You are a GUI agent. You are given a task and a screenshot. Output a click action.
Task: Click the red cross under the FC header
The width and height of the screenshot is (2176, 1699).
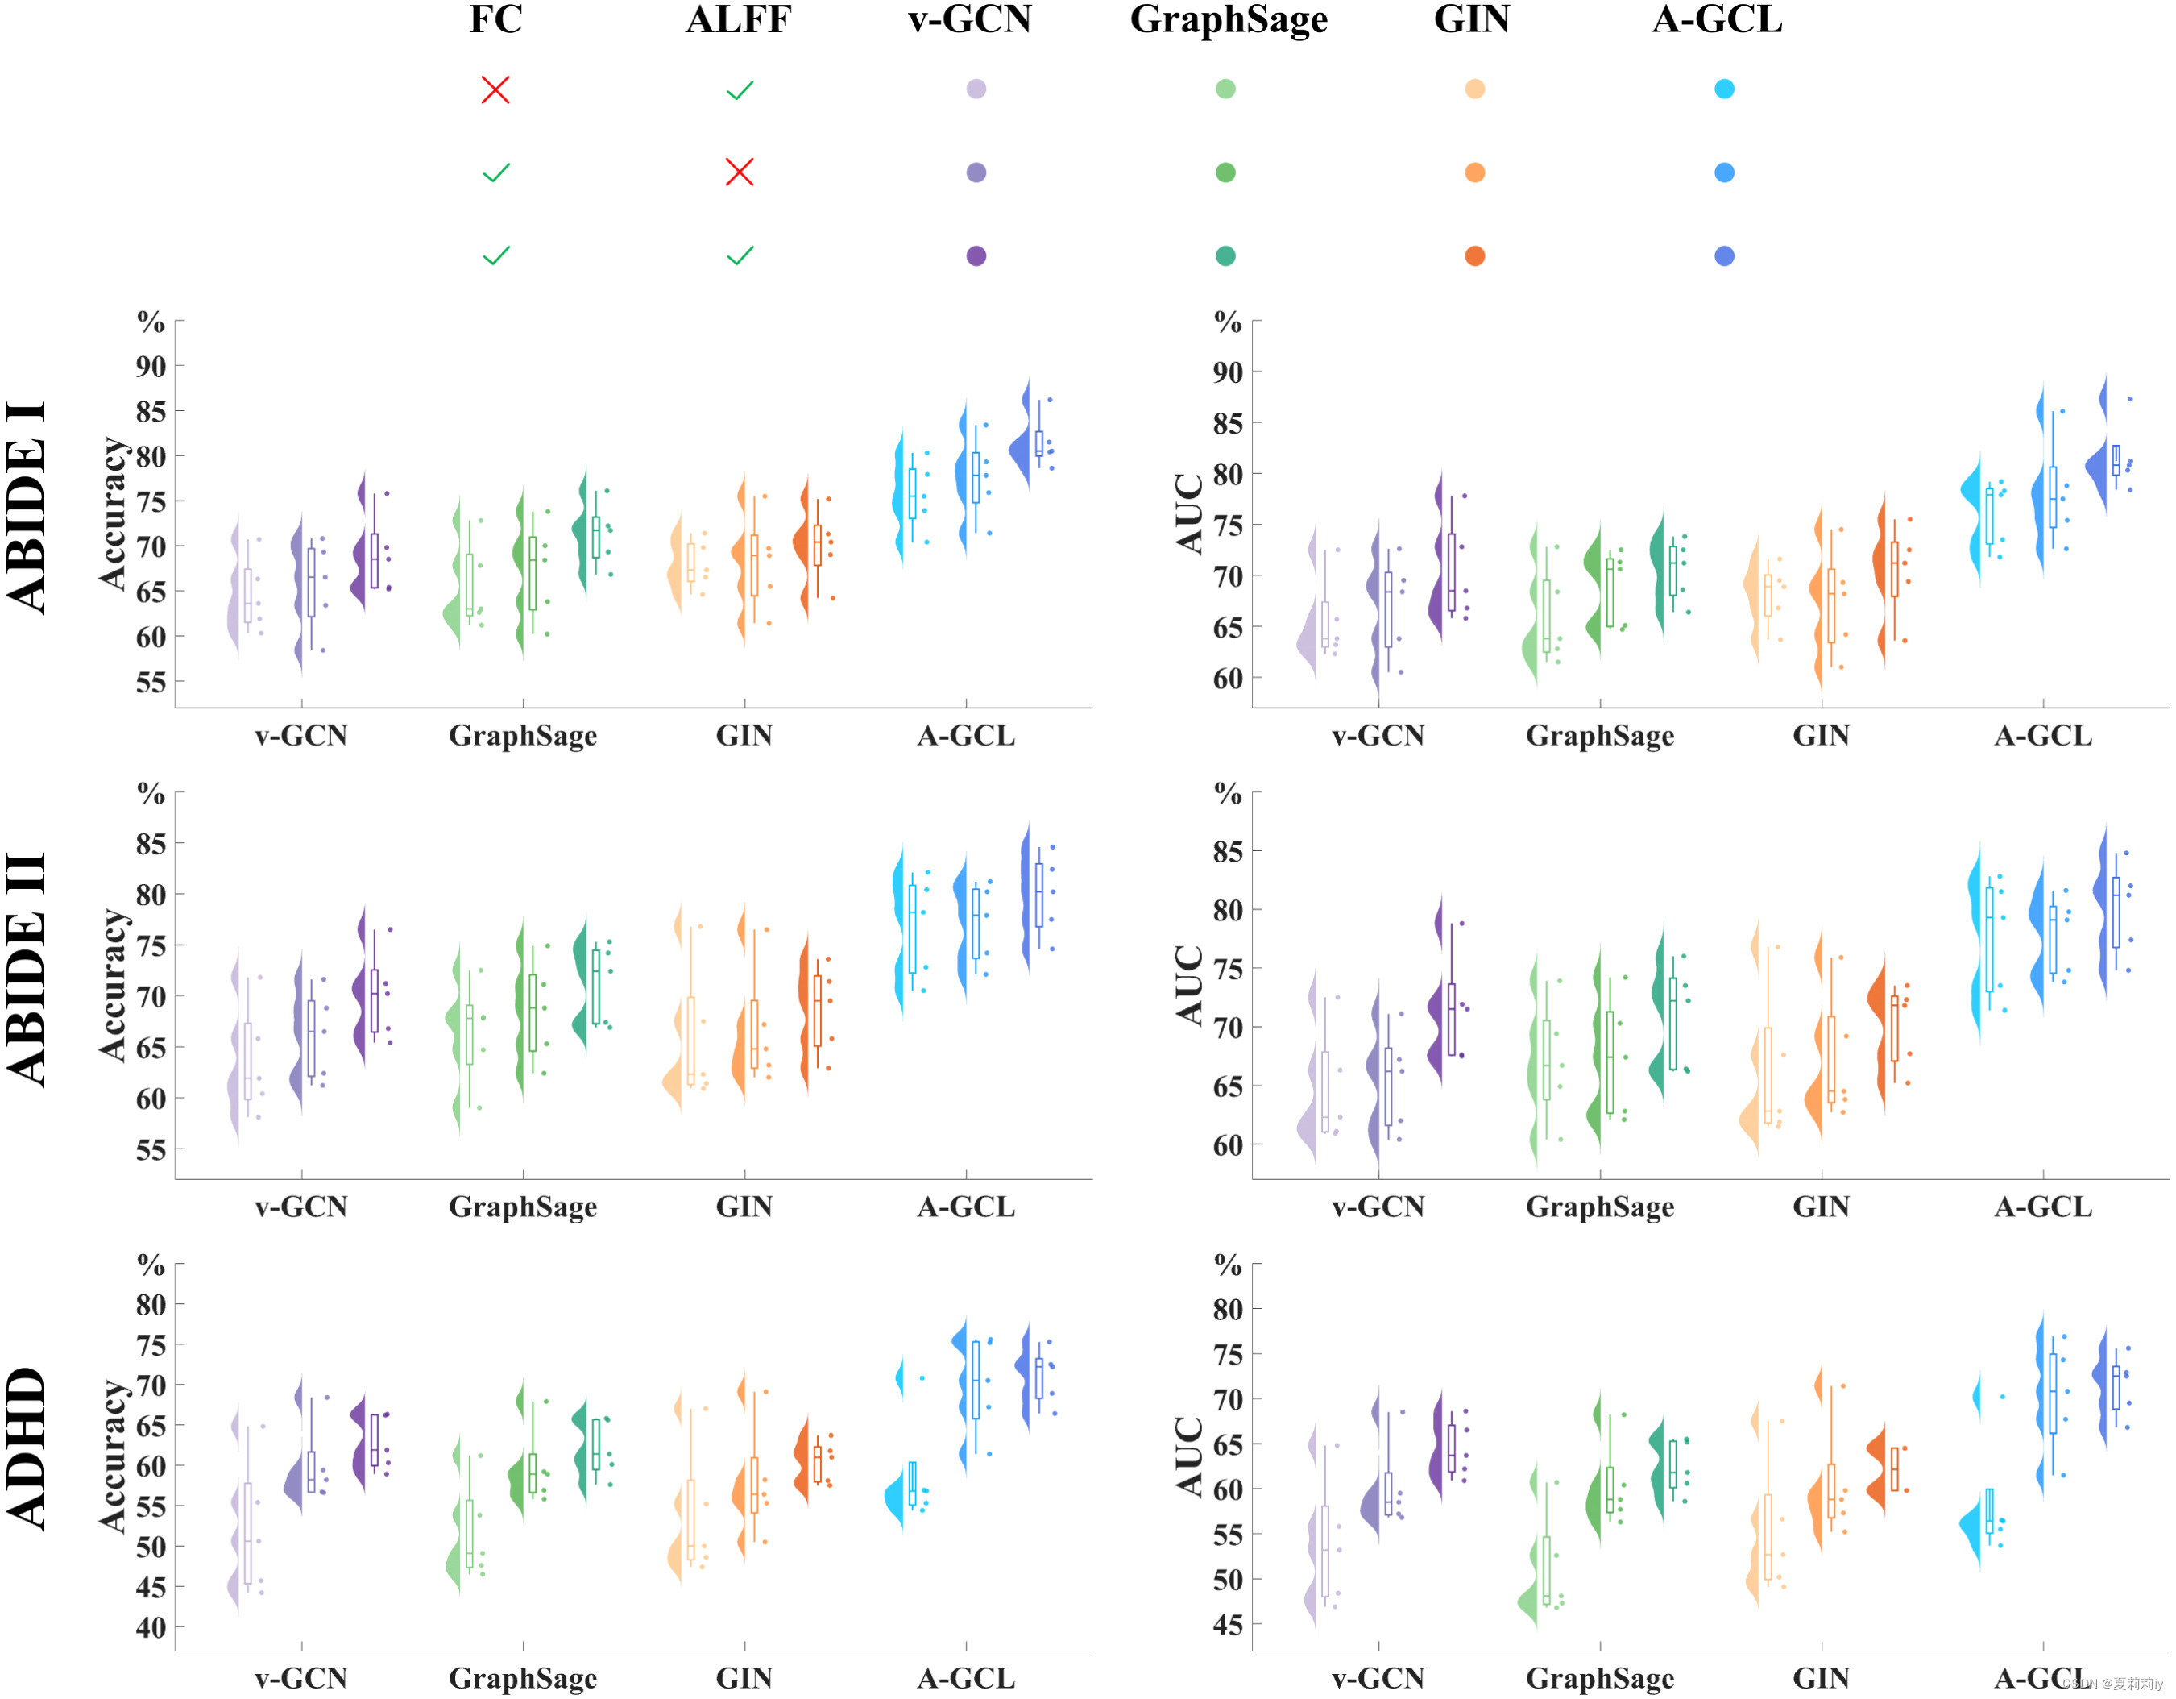click(495, 89)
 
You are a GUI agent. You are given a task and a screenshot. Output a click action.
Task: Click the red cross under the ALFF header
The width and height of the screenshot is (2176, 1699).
click(740, 172)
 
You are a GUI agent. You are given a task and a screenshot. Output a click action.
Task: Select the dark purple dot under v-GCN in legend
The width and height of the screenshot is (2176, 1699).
click(976, 256)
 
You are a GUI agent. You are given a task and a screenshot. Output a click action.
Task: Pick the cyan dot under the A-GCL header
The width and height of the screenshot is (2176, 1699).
click(1725, 89)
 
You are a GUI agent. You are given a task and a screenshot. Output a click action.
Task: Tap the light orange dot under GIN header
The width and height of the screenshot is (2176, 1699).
click(1476, 89)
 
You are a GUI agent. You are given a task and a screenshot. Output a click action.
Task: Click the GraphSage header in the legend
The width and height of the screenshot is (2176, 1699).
click(1229, 20)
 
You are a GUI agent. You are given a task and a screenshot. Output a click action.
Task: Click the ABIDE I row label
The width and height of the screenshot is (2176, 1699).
click(27, 509)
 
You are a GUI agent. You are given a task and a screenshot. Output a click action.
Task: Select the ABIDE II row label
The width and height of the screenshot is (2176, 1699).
click(27, 969)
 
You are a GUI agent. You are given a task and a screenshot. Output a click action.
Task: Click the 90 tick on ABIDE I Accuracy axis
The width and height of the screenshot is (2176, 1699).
click(151, 367)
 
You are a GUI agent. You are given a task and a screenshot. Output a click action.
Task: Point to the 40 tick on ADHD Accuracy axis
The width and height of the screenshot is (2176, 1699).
click(151, 1627)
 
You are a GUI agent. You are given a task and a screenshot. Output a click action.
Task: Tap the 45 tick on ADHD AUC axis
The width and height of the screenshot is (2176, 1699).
click(1228, 1626)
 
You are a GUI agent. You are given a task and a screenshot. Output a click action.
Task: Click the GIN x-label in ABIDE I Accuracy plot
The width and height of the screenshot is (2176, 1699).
click(744, 737)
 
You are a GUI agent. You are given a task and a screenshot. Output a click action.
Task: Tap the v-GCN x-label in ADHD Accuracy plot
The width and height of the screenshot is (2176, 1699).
click(300, 1679)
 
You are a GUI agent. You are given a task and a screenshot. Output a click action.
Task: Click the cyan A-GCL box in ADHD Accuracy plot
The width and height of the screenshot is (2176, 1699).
click(912, 1484)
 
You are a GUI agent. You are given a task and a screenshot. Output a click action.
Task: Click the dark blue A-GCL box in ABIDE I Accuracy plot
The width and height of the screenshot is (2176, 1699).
click(1039, 444)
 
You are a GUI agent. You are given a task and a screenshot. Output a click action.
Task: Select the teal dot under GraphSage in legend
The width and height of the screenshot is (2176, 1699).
click(1225, 256)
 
